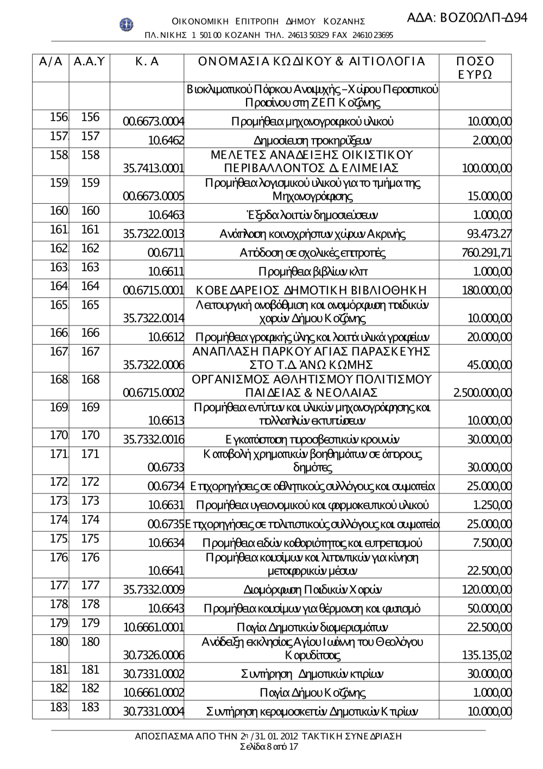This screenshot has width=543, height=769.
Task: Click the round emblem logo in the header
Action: pyautogui.click(x=126, y=24)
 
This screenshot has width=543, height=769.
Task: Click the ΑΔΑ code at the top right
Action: pyautogui.click(x=467, y=17)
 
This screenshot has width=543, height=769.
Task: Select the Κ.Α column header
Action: pyautogui.click(x=147, y=62)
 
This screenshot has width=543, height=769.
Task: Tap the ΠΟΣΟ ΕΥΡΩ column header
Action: pyautogui.click(x=475, y=68)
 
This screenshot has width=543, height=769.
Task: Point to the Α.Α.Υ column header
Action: pyautogui.click(x=89, y=62)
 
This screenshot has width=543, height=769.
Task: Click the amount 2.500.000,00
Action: pyautogui.click(x=482, y=392)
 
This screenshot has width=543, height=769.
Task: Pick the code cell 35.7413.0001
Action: pyautogui.click(x=154, y=168)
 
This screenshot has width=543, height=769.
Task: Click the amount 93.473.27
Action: pyautogui.click(x=489, y=234)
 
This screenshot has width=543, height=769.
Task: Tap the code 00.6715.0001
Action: pyautogui.click(x=154, y=290)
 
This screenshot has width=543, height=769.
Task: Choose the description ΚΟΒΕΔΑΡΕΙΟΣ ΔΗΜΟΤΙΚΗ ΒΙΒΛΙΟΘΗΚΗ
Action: pyautogui.click(x=311, y=290)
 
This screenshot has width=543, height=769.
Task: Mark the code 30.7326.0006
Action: pyautogui.click(x=154, y=655)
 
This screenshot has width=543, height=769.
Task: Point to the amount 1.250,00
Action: pyautogui.click(x=492, y=505)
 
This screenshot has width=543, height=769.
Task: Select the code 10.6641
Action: pyautogui.click(x=166, y=571)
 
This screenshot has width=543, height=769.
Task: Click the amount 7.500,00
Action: pyautogui.click(x=492, y=543)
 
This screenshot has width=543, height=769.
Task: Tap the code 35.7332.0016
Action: pyautogui.click(x=154, y=440)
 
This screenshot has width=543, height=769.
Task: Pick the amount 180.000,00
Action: pyautogui.click(x=486, y=290)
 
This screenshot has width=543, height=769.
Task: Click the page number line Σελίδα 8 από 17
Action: pyautogui.click(x=269, y=747)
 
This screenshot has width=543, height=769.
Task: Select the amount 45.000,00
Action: pyautogui.click(x=489, y=365)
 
